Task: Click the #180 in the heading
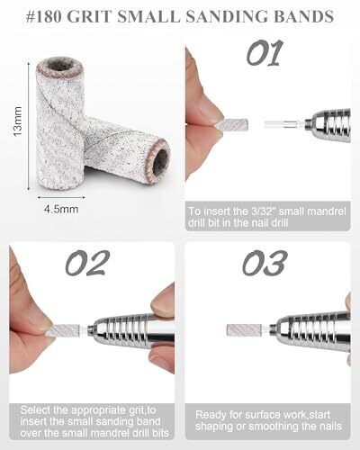click(44, 16)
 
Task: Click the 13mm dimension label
click(18, 121)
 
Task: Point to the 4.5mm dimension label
click(61, 209)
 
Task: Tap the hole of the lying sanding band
click(159, 161)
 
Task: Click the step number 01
click(265, 53)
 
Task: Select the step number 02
click(87, 263)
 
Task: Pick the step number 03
click(265, 263)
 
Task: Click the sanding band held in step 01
click(235, 123)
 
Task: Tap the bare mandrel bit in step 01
click(284, 124)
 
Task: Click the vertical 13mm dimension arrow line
click(29, 126)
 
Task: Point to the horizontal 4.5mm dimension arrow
click(61, 197)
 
